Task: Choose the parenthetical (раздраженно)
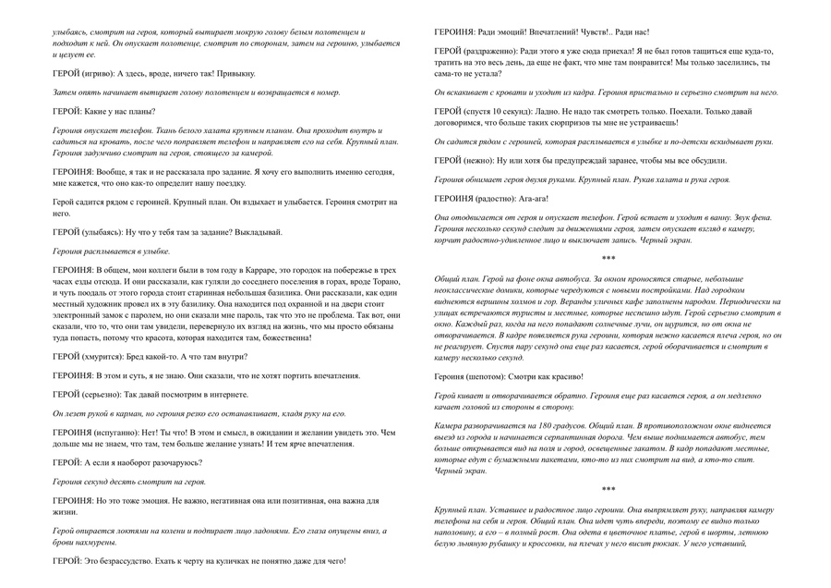click(490, 52)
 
